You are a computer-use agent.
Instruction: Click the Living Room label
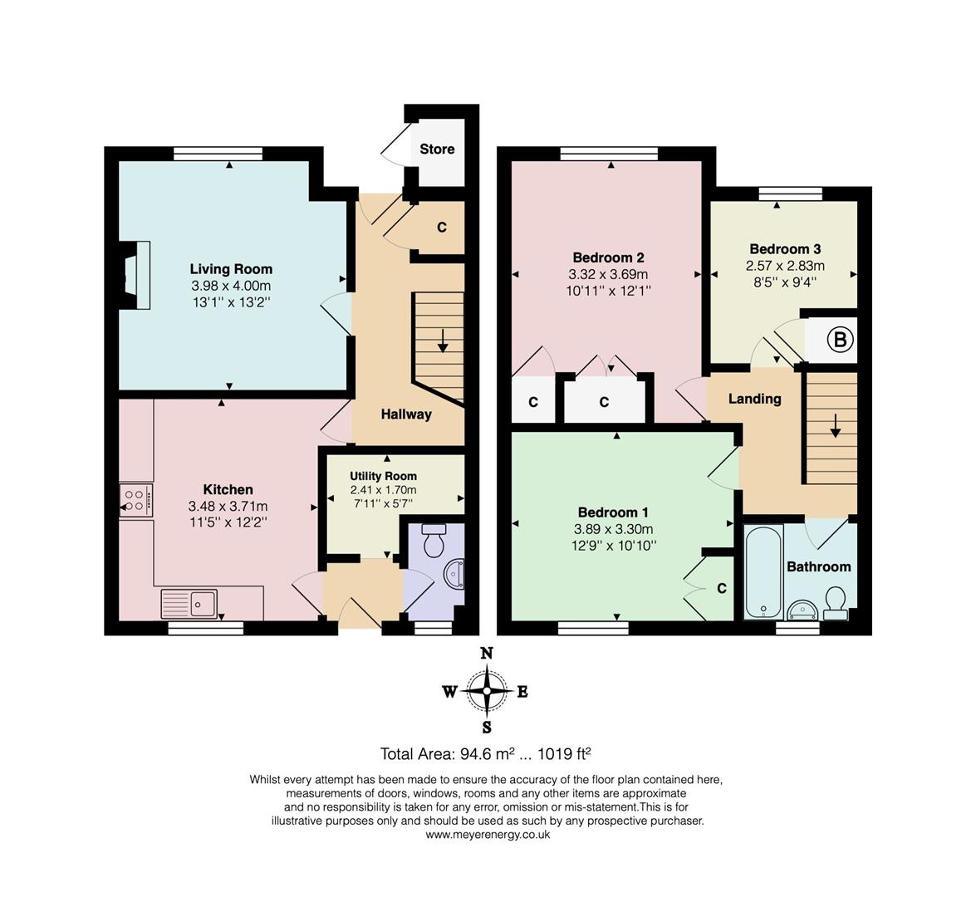click(x=231, y=269)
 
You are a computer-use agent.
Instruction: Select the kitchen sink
click(x=189, y=603)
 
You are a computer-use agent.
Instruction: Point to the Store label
click(x=437, y=149)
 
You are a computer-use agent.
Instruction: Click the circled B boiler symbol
click(x=840, y=339)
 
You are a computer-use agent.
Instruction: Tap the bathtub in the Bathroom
click(x=763, y=571)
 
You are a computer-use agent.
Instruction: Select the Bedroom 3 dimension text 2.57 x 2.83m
click(x=786, y=266)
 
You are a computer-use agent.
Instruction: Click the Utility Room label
click(x=384, y=476)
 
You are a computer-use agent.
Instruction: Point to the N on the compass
click(x=487, y=653)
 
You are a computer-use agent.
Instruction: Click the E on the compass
click(x=522, y=692)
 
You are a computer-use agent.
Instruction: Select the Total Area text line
click(x=486, y=754)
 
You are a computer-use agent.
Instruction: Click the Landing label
click(x=755, y=399)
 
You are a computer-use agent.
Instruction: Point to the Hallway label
click(x=406, y=414)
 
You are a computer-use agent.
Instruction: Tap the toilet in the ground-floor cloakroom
click(x=434, y=540)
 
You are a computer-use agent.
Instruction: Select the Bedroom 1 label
click(x=613, y=512)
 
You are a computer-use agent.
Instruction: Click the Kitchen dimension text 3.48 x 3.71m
click(x=228, y=506)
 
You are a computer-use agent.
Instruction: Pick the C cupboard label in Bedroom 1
click(x=722, y=588)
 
